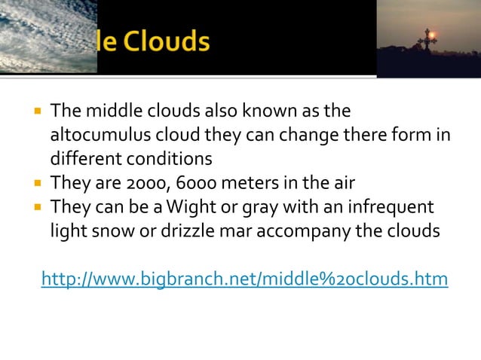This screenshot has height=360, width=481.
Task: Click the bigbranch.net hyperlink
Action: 244,279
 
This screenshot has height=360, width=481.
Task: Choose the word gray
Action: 265,207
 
